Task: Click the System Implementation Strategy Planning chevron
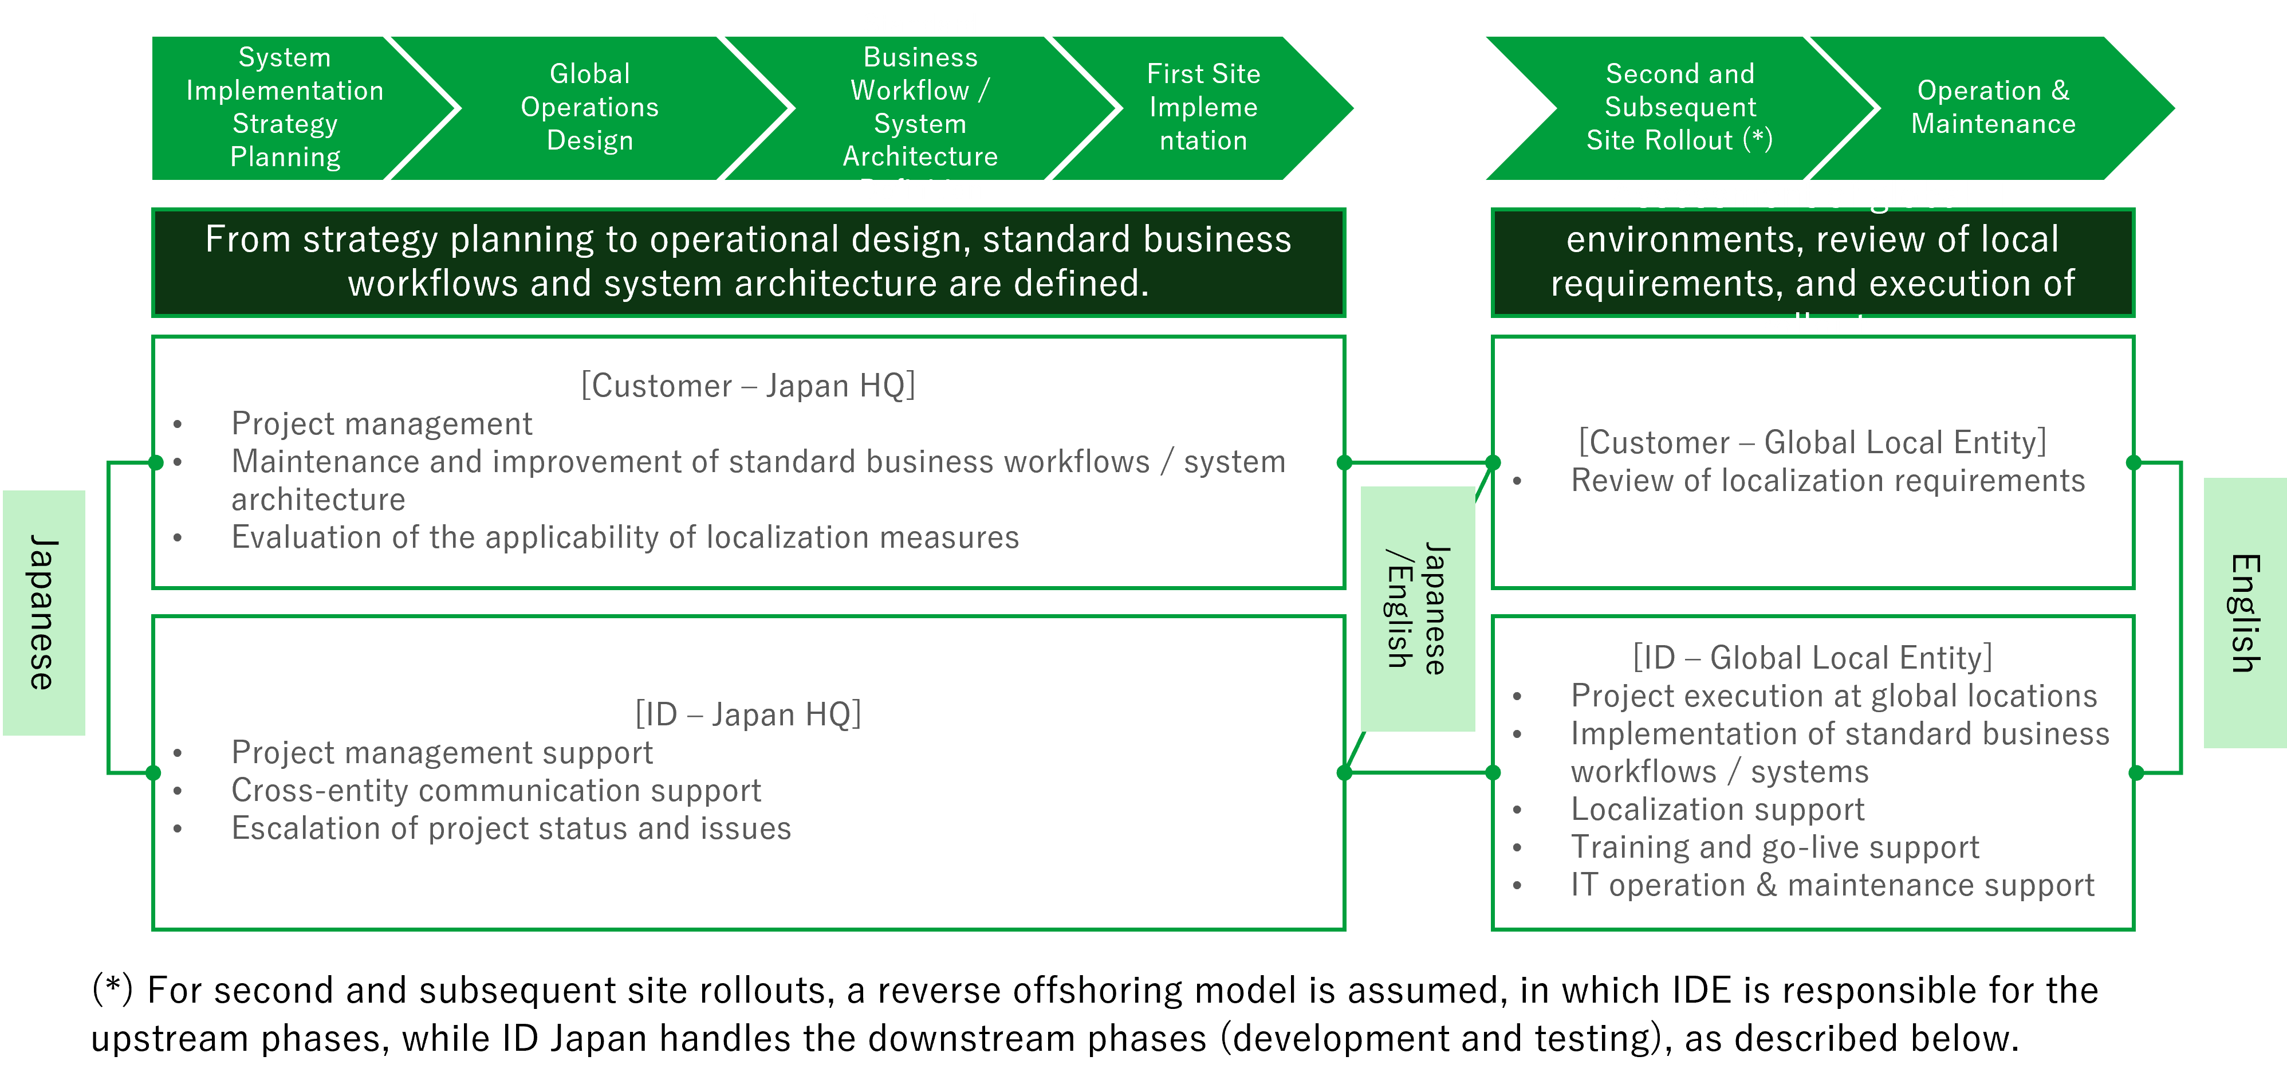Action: pyautogui.click(x=284, y=107)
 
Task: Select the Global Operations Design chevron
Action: pyautogui.click(x=589, y=107)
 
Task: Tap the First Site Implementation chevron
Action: pyautogui.click(x=1203, y=107)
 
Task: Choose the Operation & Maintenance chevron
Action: pyautogui.click(x=1993, y=107)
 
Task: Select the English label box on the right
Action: pyautogui.click(x=2245, y=612)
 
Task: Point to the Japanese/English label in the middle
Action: pyautogui.click(x=1418, y=609)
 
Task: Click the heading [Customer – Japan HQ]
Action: pyautogui.click(x=747, y=386)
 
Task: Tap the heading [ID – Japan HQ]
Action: pyautogui.click(x=747, y=714)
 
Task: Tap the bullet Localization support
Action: pyautogui.click(x=1717, y=810)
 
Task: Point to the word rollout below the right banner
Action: pyautogui.click(x=1813, y=328)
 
